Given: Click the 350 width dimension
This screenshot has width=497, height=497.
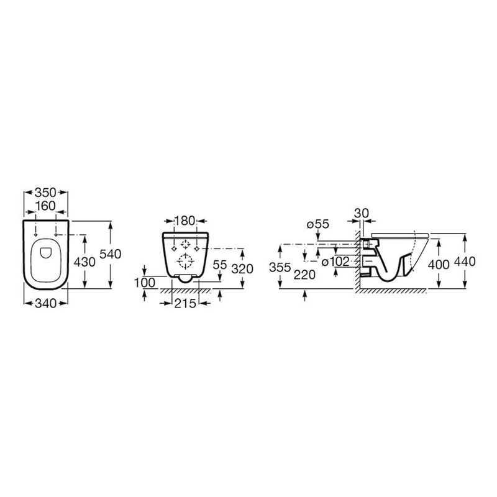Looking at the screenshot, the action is pos(45,193).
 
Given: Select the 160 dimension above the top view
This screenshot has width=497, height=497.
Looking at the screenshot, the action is pos(45,206).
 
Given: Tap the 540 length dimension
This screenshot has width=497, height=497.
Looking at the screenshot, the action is pos(111,254).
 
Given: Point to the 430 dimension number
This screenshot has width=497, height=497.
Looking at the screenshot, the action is pos(84,262).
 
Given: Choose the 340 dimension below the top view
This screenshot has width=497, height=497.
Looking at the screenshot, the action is pos(45,303).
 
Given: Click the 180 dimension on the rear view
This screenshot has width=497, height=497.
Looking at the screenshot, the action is pos(185,221).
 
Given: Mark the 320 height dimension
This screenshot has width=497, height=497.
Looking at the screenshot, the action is pos(242,269).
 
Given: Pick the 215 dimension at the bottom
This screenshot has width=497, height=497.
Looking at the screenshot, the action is pos(185,304).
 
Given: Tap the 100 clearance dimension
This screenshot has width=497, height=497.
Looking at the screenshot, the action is pos(145,283).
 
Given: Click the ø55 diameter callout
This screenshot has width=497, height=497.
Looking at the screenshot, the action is pos(318,224).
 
